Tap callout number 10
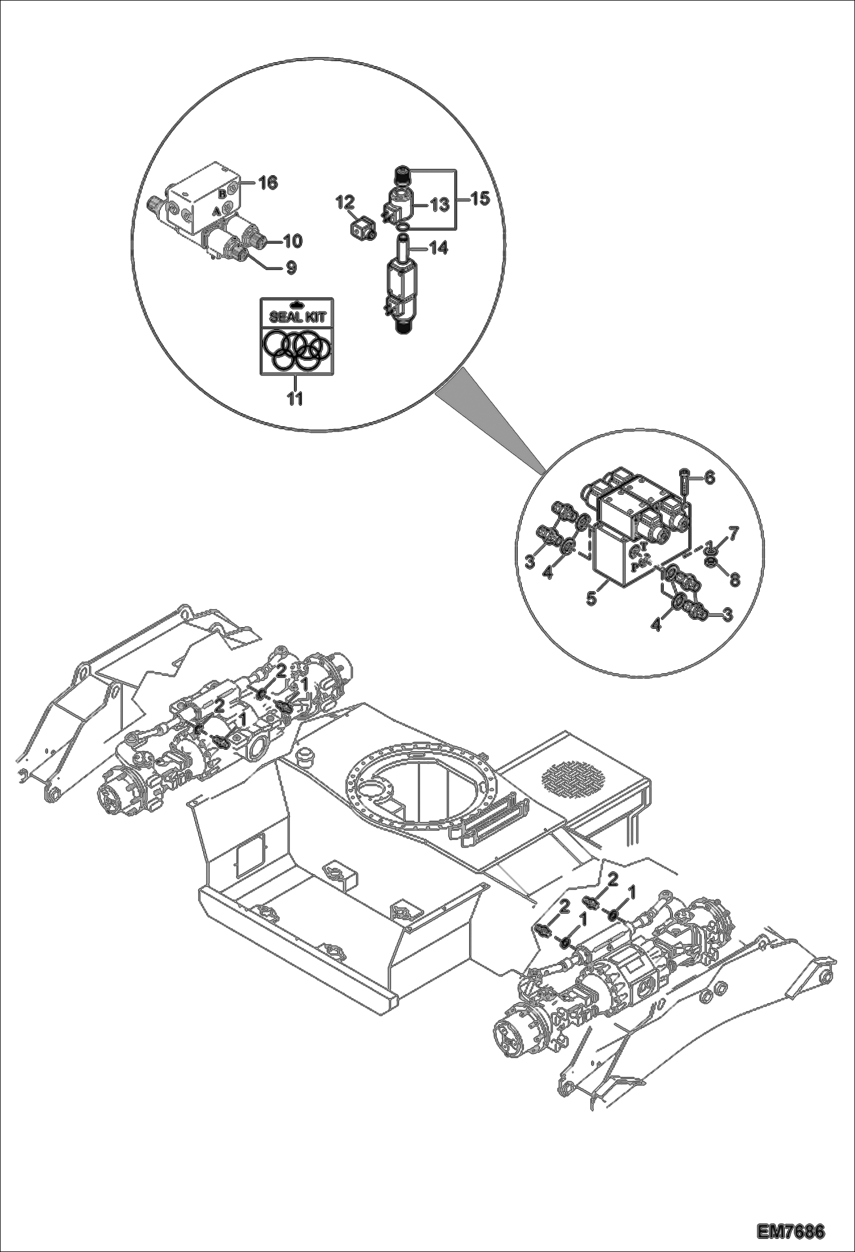[292, 241]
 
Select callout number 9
[291, 267]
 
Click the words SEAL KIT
[295, 317]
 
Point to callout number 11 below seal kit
[295, 398]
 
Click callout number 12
[345, 202]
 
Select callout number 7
[733, 534]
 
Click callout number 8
[735, 579]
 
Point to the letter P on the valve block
[635, 567]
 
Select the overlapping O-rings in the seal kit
[295, 349]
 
